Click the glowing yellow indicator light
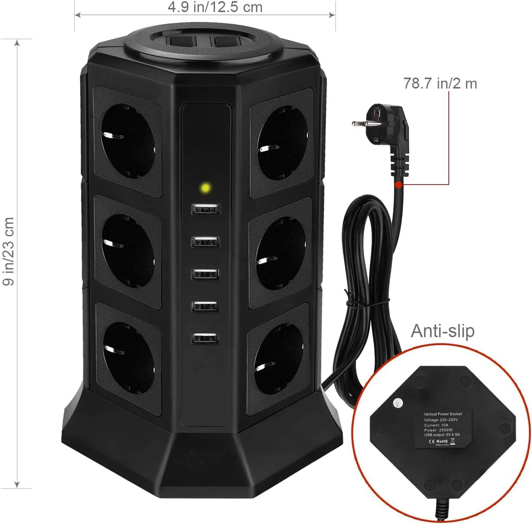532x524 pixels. coord(206,187)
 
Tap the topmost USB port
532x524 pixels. coord(206,209)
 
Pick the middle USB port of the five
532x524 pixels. coord(205,274)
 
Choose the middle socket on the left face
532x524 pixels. coord(127,250)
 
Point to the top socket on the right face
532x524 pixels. coord(282,142)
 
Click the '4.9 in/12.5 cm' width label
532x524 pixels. coord(215,7)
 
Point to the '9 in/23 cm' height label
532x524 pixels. coord(8,251)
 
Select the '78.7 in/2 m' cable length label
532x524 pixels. coord(440,83)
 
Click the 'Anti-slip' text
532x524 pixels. coord(442,331)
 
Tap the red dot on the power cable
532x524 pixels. coord(398,185)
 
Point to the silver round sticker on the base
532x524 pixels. coord(398,403)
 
